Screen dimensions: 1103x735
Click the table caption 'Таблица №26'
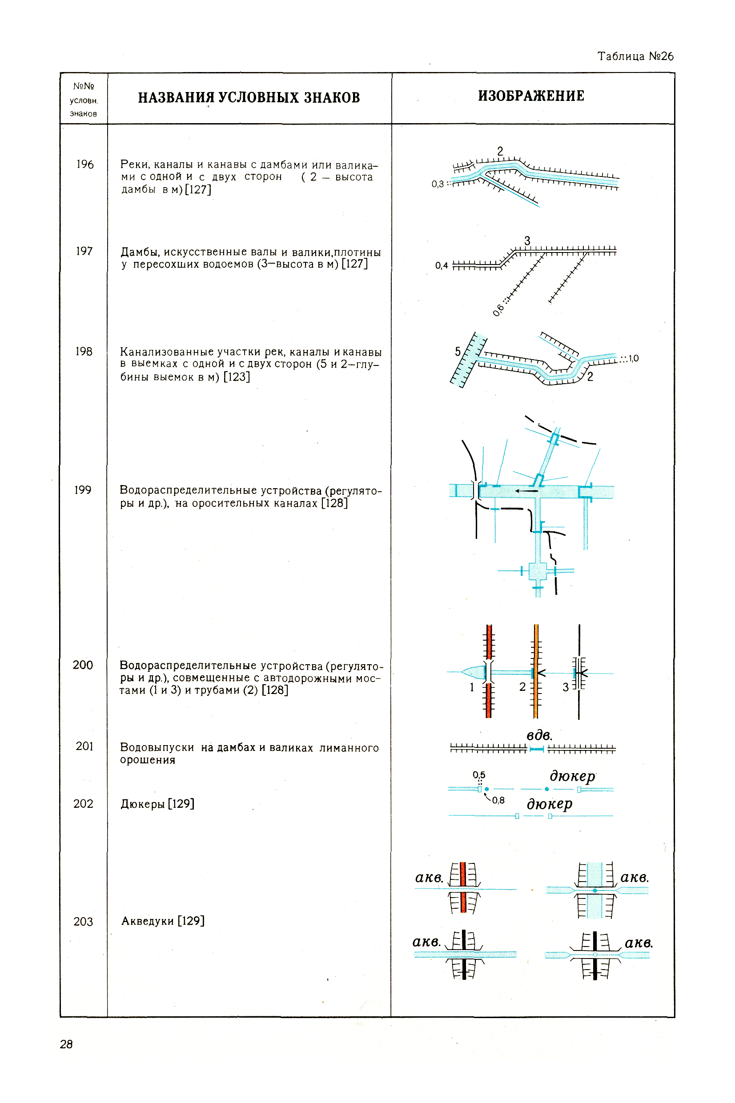coord(635,56)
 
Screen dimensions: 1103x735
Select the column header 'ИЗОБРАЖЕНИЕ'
coord(531,96)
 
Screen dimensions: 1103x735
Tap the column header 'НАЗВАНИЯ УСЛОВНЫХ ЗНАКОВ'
coord(249,97)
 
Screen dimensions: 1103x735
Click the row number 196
coord(85,164)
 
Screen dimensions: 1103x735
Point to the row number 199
coord(83,490)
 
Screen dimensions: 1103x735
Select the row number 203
coord(83,922)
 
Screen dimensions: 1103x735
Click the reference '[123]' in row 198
coord(237,377)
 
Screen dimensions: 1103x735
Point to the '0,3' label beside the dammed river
coord(438,184)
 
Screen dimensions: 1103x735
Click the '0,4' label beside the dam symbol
coord(441,266)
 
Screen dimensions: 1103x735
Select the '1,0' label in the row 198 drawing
coord(633,358)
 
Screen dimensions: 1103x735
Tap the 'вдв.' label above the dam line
coord(539,735)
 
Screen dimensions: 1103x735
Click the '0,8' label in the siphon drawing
coord(498,800)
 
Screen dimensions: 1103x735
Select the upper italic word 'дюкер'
coord(572,776)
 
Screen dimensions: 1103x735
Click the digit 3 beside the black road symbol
coord(566,687)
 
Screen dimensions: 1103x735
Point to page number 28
coord(66,1044)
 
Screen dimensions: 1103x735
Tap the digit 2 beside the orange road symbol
coord(522,687)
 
